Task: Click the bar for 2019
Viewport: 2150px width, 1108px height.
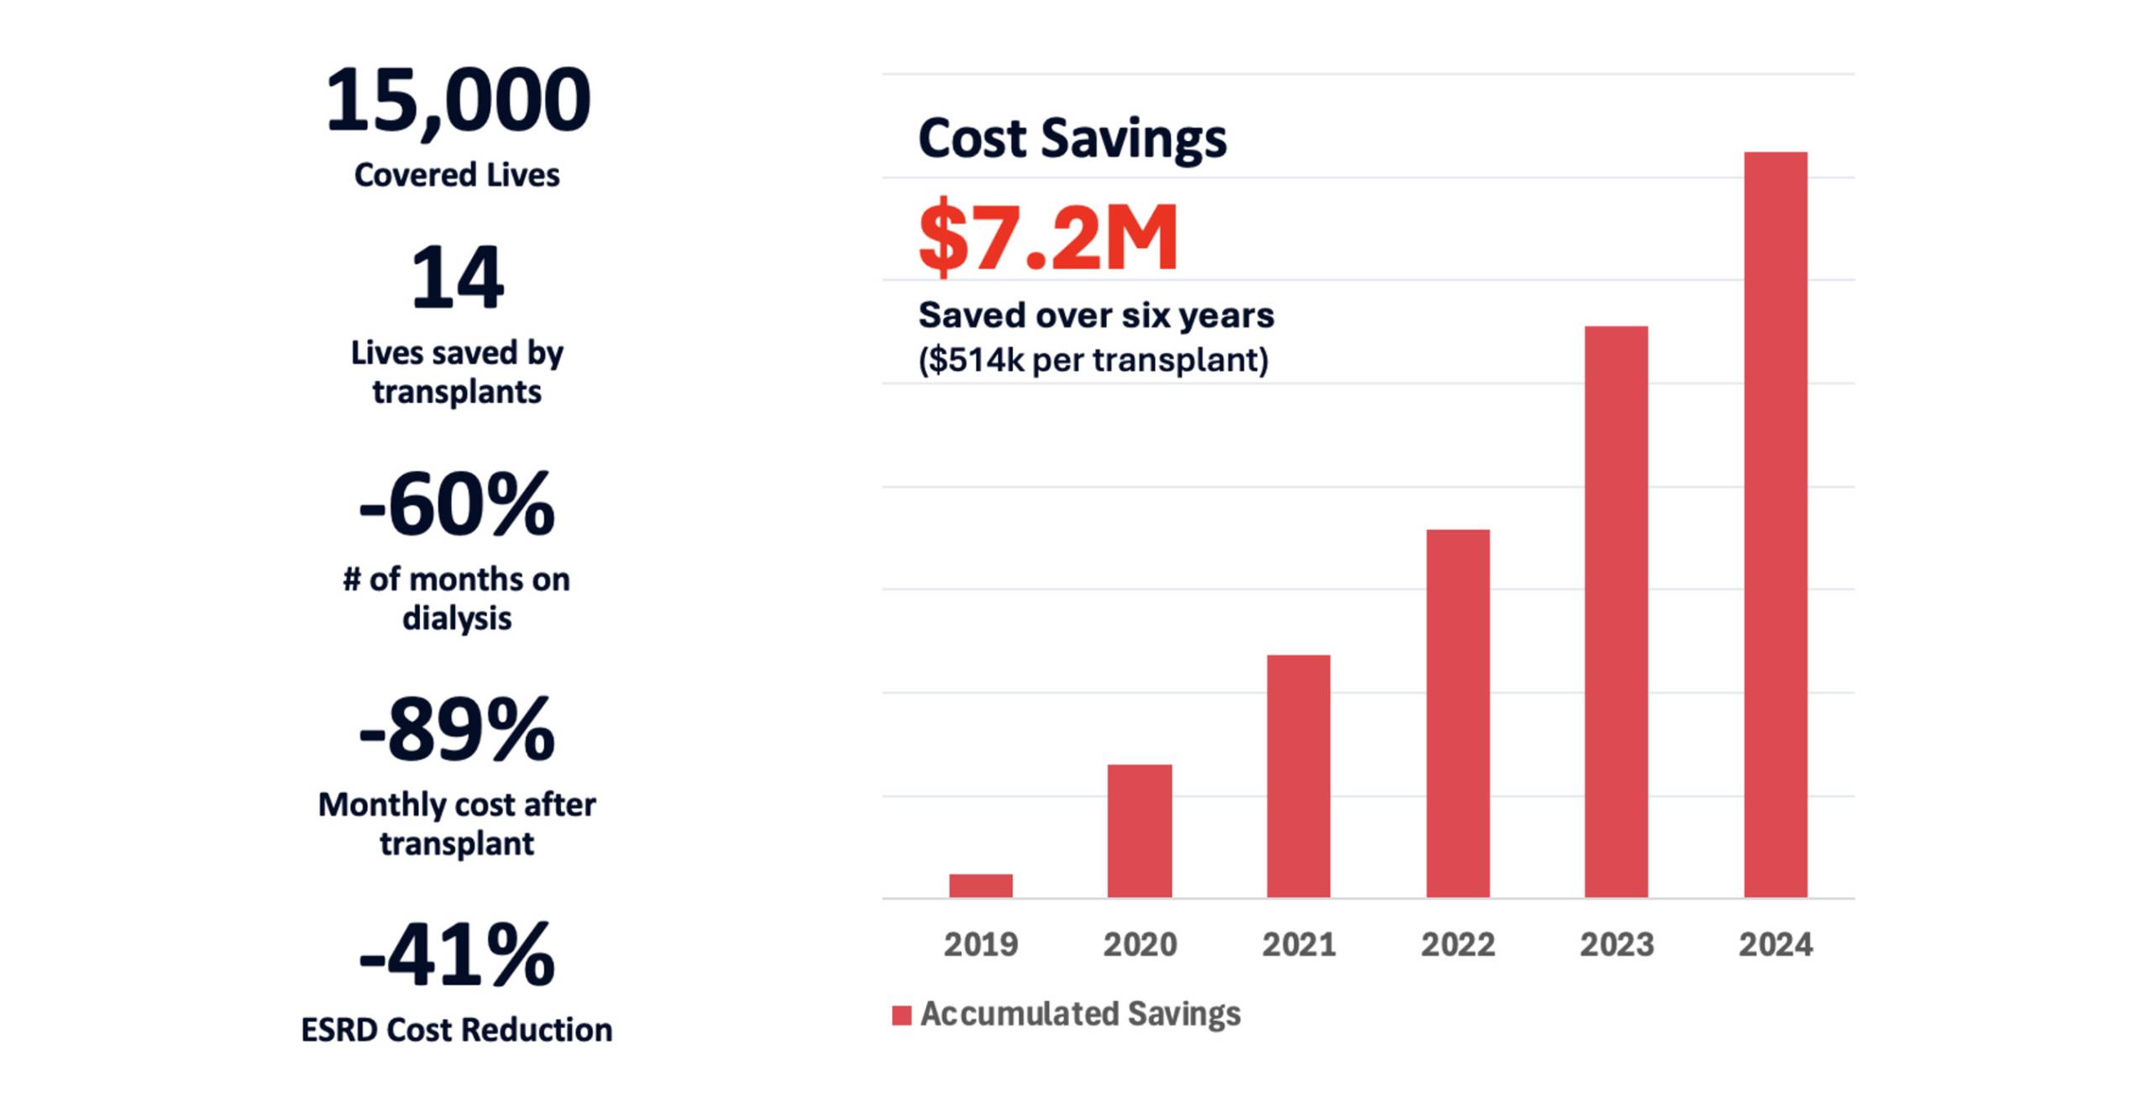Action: (980, 885)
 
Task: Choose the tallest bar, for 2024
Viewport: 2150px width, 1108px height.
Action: (1775, 524)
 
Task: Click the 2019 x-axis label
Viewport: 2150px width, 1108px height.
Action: (980, 945)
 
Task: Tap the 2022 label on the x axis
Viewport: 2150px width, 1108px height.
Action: (1457, 945)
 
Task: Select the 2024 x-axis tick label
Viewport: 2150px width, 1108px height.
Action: (1775, 945)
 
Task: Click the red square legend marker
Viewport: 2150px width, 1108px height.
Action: (901, 1016)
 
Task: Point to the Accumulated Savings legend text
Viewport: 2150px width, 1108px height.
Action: (1080, 1014)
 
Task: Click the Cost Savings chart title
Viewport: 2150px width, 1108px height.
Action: (1072, 138)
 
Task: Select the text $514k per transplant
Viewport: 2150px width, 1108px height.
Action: (1093, 360)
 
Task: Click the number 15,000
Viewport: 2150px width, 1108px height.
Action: (458, 101)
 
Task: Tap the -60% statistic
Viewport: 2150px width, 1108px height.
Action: (457, 504)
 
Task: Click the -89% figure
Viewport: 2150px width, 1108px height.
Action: (457, 729)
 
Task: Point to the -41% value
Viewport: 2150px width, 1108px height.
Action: (457, 955)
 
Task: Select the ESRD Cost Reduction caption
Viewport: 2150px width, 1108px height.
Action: (457, 1030)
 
